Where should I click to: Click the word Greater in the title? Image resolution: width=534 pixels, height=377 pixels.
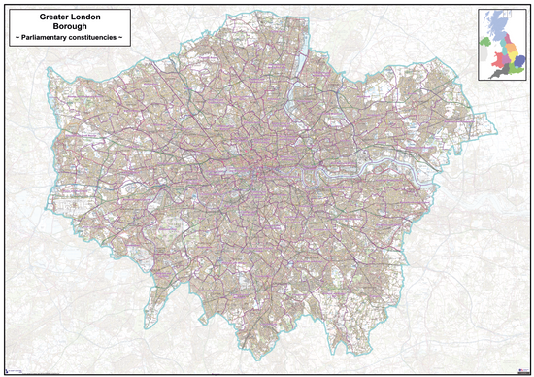point(51,17)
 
